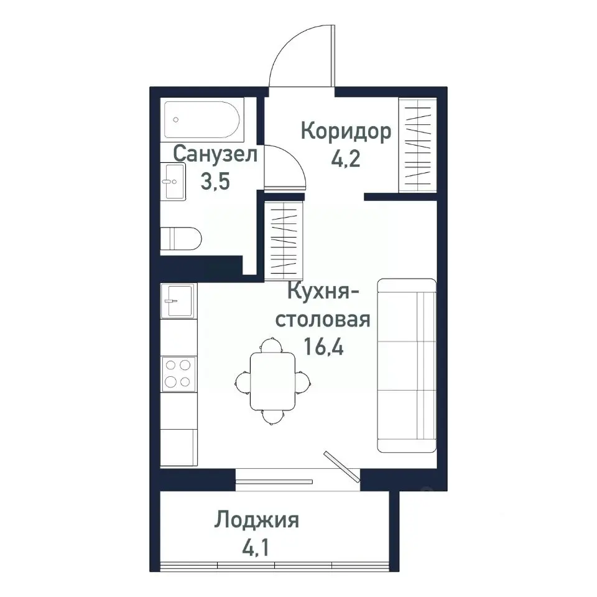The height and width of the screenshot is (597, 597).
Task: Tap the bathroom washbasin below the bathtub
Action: (x=173, y=182)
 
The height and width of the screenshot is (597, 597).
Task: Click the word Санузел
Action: (x=215, y=154)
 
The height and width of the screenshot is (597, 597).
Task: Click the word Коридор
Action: (x=346, y=131)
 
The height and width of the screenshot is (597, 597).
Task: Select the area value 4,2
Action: (x=346, y=159)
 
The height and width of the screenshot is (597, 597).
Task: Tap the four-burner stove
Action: (x=178, y=373)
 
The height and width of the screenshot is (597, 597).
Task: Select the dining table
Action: (x=273, y=381)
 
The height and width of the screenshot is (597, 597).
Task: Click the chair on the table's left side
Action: (x=243, y=380)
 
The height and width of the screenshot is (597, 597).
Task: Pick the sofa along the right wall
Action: (x=407, y=366)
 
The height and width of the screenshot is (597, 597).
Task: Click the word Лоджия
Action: (x=257, y=519)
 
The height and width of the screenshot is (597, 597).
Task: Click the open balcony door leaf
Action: (x=342, y=466)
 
